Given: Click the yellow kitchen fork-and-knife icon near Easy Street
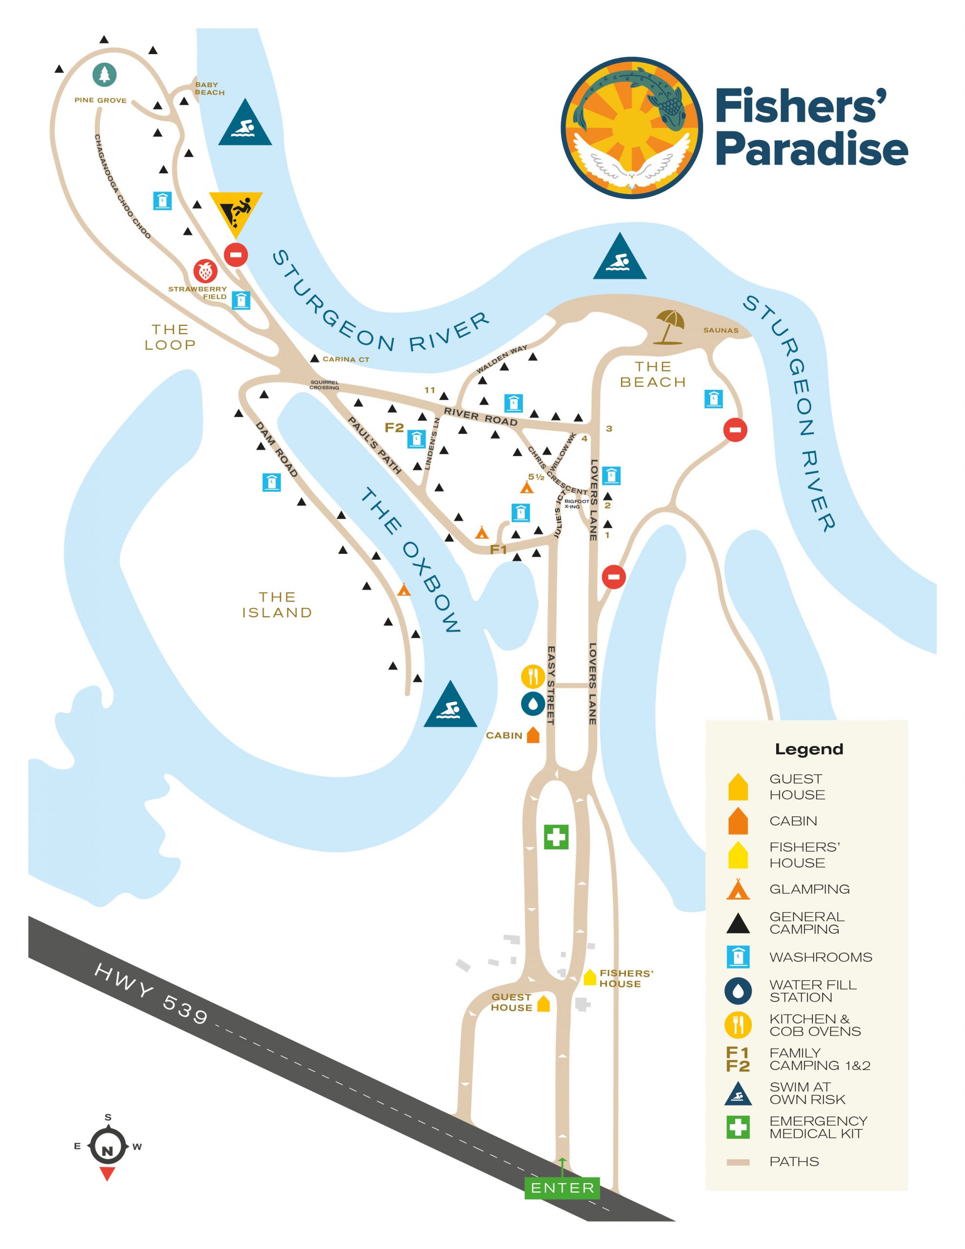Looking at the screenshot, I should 533,677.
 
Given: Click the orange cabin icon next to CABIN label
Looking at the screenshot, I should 533,735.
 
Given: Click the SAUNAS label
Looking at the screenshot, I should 721,330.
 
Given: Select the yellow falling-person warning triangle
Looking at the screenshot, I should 236,212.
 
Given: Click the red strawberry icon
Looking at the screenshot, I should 205,270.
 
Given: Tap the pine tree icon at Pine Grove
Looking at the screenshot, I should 105,74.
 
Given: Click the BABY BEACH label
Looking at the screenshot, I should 209,88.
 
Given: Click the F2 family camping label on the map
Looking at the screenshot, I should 394,427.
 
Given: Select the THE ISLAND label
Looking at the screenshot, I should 277,604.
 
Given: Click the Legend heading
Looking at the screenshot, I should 808,749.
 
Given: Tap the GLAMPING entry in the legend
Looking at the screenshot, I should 809,889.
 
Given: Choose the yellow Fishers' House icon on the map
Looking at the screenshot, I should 590,977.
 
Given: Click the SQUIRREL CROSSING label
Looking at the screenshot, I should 324,385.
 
